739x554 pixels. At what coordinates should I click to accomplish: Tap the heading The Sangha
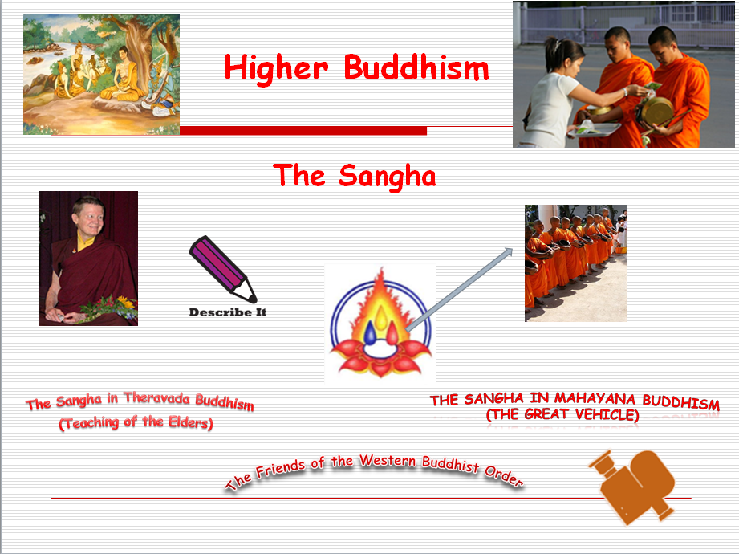(x=354, y=174)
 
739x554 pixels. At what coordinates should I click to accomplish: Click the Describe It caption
(x=227, y=312)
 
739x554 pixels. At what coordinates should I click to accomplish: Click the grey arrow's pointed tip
(x=510, y=251)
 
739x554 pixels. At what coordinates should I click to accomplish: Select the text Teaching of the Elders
(x=136, y=422)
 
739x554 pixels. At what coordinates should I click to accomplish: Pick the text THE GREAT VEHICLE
(x=562, y=415)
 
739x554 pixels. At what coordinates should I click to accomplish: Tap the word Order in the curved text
(x=502, y=476)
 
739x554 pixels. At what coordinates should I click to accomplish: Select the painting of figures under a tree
(x=101, y=74)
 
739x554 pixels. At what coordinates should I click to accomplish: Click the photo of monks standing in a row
(x=575, y=263)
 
